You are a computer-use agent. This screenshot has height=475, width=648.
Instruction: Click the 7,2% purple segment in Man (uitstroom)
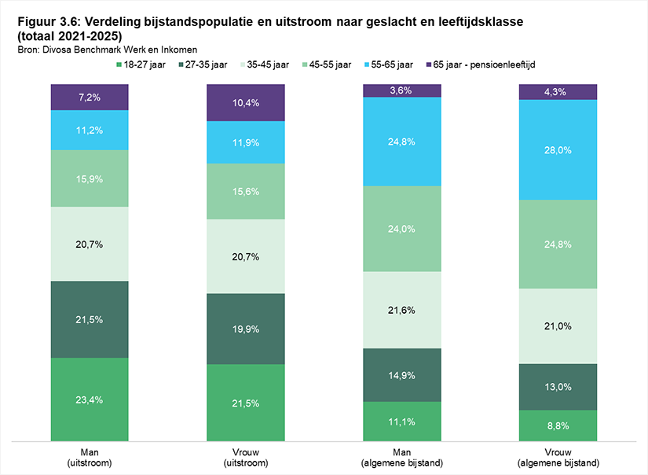click(x=90, y=98)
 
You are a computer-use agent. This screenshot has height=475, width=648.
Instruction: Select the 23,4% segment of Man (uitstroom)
click(x=90, y=400)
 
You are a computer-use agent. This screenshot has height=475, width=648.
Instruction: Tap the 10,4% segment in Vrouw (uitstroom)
click(x=246, y=102)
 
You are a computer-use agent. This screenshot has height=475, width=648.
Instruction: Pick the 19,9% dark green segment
click(x=246, y=329)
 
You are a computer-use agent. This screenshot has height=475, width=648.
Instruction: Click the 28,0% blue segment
click(x=558, y=149)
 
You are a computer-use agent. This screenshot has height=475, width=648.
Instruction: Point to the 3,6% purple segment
click(x=402, y=90)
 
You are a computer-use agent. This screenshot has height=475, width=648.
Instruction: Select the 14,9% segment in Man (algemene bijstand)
click(x=402, y=375)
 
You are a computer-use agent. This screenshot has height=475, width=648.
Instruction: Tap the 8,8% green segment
click(x=558, y=425)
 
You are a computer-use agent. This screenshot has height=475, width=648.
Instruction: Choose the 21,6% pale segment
click(x=402, y=310)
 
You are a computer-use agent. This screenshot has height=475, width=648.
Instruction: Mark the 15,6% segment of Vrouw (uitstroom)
click(x=246, y=191)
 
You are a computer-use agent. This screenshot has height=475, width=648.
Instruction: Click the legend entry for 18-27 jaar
click(x=141, y=65)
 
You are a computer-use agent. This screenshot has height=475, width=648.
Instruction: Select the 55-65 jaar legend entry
click(x=389, y=65)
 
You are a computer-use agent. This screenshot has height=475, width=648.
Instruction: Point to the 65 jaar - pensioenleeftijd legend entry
click(x=481, y=65)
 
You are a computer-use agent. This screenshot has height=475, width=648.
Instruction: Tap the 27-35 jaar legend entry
click(x=203, y=65)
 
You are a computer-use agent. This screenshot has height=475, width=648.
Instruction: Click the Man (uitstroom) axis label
click(x=90, y=457)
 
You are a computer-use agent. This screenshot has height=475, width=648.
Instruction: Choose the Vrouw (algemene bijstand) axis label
click(x=558, y=457)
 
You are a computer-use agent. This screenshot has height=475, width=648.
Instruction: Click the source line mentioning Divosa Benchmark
click(x=108, y=50)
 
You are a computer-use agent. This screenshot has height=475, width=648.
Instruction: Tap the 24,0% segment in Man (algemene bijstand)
click(x=402, y=229)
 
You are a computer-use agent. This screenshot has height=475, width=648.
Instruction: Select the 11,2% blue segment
click(x=90, y=130)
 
